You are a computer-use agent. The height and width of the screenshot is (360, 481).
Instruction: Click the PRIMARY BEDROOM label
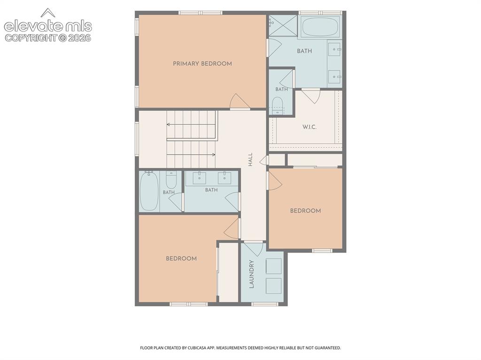tap(202, 64)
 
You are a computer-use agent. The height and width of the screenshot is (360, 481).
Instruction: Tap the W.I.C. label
tap(309, 127)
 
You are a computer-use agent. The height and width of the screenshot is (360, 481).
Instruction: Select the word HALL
tap(250, 160)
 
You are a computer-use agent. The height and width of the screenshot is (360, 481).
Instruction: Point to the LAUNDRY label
tap(252, 274)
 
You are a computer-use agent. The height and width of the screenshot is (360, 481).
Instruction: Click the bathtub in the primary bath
tap(320, 27)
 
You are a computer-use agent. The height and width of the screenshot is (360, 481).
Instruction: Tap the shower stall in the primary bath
tap(283, 25)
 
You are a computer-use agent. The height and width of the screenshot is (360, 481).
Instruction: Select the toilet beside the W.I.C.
tap(277, 105)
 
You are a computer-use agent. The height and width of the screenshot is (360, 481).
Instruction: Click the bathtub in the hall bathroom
tap(149, 191)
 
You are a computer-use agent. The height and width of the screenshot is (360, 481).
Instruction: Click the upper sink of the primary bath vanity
tap(334, 49)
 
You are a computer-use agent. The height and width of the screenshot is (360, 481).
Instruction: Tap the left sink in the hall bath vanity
tap(199, 177)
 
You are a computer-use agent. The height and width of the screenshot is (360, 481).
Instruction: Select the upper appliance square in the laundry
tap(274, 266)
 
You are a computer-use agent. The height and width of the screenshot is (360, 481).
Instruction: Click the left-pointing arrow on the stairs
tap(192, 124)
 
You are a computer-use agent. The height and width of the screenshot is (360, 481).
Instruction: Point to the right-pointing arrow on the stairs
tap(191, 154)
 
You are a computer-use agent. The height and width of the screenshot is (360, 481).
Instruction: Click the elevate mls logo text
tap(48, 26)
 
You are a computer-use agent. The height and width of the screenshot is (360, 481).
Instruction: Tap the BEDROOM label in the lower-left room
tap(181, 259)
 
